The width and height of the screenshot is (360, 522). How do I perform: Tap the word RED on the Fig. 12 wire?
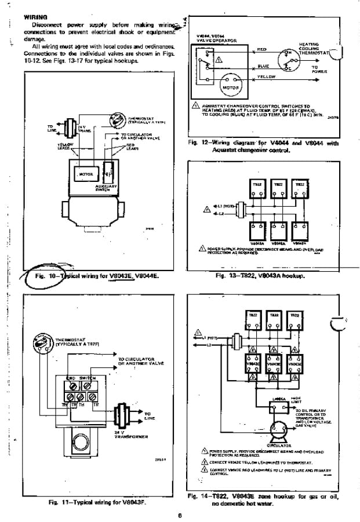click(x=262, y=49)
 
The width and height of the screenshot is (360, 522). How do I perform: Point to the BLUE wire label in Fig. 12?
click(x=263, y=65)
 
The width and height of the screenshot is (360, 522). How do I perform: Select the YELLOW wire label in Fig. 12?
click(x=266, y=76)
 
